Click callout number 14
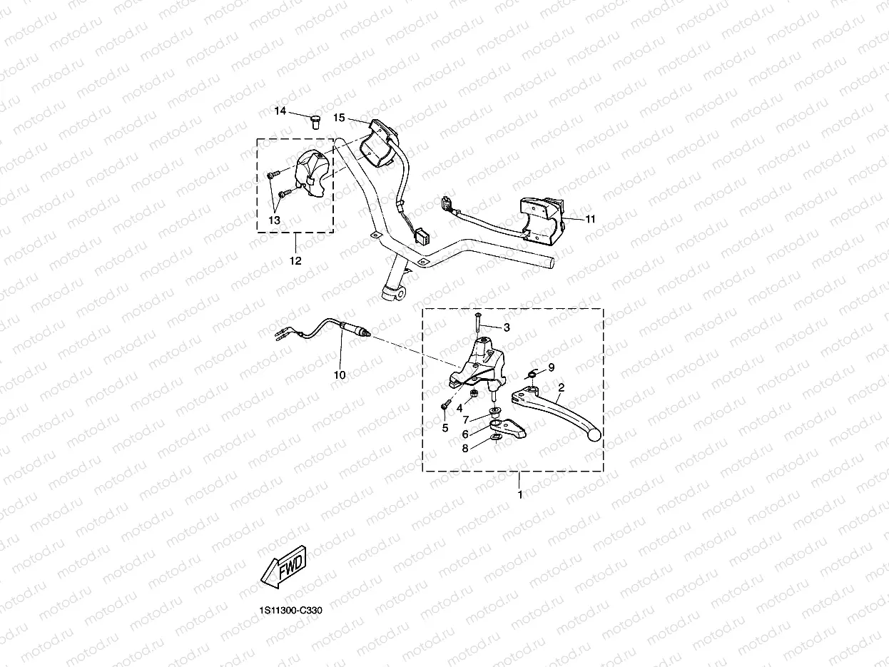(280, 111)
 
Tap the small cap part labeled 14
(314, 121)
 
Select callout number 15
(339, 117)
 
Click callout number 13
(274, 220)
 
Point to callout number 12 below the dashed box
(295, 261)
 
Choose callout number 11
(590, 219)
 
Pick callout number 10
(340, 375)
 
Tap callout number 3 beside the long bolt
(507, 327)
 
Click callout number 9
(551, 367)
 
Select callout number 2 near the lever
(561, 387)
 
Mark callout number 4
(459, 408)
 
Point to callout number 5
(444, 428)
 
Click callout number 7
(465, 419)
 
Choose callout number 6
(465, 434)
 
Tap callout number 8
(465, 449)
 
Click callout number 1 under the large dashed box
(519, 494)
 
